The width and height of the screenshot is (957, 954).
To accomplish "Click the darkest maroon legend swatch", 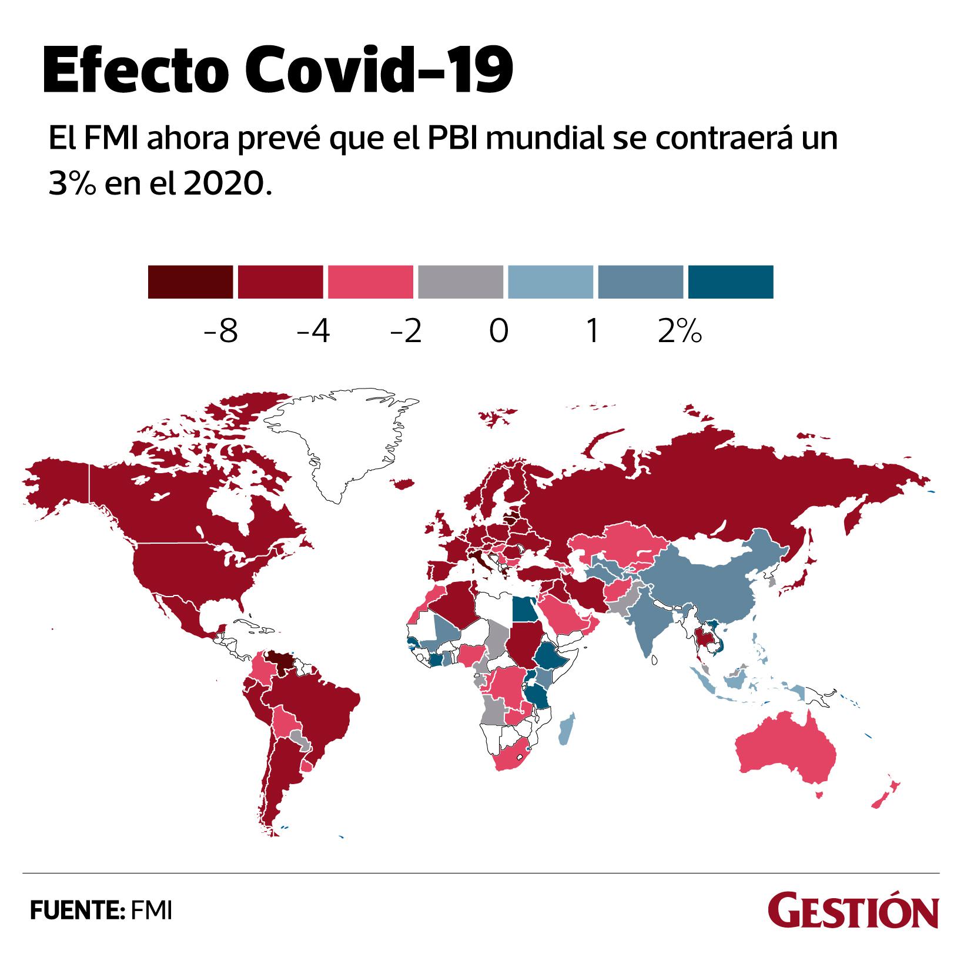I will click(190, 282).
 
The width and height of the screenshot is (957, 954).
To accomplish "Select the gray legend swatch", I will click(460, 282).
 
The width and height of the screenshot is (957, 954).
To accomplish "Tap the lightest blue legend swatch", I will click(550, 282).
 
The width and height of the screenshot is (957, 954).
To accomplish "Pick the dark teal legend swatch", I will click(730, 282).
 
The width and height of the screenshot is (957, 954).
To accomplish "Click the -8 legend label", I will click(219, 332).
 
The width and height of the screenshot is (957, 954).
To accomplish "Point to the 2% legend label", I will click(681, 332).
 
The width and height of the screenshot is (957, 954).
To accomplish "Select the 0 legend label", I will click(498, 332).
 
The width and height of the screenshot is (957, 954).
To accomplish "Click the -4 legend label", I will click(313, 332).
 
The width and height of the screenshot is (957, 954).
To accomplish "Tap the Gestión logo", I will click(852, 913).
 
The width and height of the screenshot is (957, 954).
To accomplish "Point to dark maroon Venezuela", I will click(281, 662).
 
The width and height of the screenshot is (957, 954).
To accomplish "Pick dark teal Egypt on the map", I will click(524, 609).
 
